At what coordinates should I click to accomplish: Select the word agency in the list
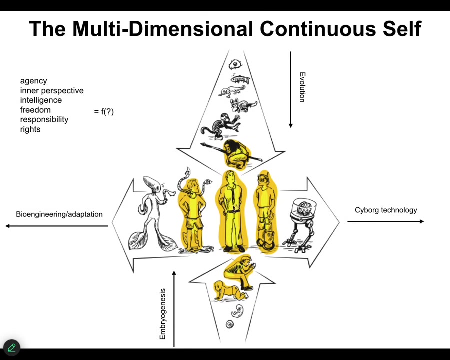[33, 81]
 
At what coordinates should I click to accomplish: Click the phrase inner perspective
[52, 91]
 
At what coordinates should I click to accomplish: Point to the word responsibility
[44, 120]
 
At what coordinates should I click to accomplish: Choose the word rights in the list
[30, 129]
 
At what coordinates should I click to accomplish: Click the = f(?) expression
[104, 111]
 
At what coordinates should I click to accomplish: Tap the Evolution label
[302, 87]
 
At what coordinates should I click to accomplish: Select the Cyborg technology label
[386, 210]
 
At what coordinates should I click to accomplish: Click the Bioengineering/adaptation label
[59, 214]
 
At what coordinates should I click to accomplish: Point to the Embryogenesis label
[162, 314]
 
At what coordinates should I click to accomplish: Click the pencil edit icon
[11, 348]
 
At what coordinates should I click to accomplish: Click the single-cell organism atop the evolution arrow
[236, 64]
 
